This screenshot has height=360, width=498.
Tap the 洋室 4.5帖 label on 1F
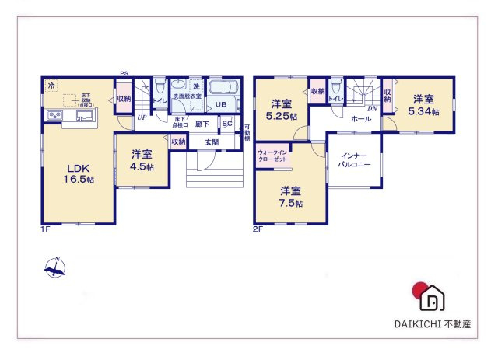click(x=142, y=160)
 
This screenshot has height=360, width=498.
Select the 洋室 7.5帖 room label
click(x=291, y=197)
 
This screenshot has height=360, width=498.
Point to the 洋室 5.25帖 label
click(x=280, y=111)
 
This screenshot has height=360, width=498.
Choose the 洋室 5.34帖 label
click(x=424, y=105)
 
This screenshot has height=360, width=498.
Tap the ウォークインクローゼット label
click(x=272, y=156)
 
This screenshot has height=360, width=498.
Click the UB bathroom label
click(x=221, y=104)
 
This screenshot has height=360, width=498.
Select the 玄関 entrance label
click(x=212, y=142)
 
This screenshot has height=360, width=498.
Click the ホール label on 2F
click(x=360, y=119)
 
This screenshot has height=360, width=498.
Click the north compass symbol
click(x=55, y=269)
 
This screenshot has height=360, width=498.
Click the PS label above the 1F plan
click(x=124, y=74)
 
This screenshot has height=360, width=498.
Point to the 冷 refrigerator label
click(x=51, y=85)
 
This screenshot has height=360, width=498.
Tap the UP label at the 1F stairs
click(x=141, y=117)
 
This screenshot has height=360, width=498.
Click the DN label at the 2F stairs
click(x=372, y=109)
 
